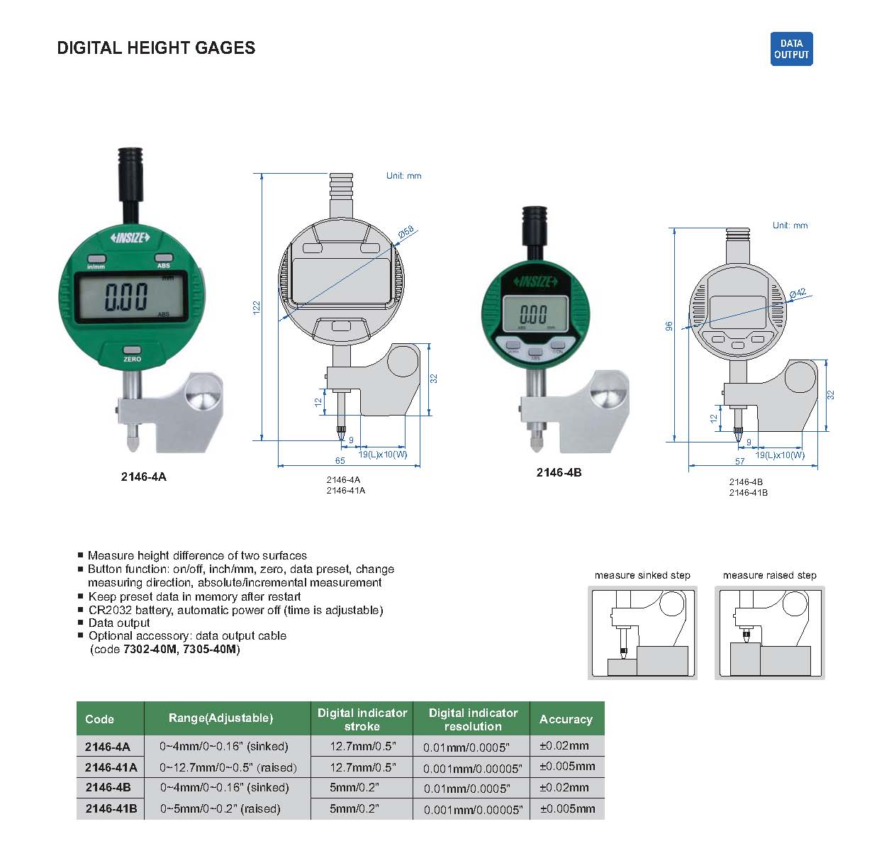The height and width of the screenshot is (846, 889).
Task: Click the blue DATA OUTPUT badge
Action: [791, 49]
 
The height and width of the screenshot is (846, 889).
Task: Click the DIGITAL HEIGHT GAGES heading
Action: [156, 48]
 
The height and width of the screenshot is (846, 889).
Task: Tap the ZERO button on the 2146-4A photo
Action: [132, 350]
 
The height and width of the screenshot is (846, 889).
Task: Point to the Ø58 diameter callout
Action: [406, 232]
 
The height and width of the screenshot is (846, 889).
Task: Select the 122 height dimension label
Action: [257, 308]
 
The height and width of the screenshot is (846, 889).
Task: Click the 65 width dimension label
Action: [340, 460]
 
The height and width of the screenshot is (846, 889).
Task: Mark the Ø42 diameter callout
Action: [798, 293]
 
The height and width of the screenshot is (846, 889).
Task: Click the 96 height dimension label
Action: [669, 325]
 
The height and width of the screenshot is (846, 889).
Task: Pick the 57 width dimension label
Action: [740, 461]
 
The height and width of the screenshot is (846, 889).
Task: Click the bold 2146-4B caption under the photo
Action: [559, 472]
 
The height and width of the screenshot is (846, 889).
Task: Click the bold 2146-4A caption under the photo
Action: [144, 477]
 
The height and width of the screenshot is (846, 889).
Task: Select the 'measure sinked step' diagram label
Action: [642, 575]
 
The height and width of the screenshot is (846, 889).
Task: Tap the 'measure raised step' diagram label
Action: [769, 575]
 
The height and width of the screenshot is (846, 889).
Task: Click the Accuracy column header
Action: [566, 719]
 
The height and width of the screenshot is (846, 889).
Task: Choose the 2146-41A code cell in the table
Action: [111, 767]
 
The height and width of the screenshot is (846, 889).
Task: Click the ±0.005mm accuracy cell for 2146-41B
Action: [567, 808]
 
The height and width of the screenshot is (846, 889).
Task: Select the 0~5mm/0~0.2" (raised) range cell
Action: [220, 808]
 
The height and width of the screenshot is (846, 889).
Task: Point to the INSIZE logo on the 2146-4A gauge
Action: [130, 238]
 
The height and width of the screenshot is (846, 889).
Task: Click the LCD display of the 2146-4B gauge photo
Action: [535, 313]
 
